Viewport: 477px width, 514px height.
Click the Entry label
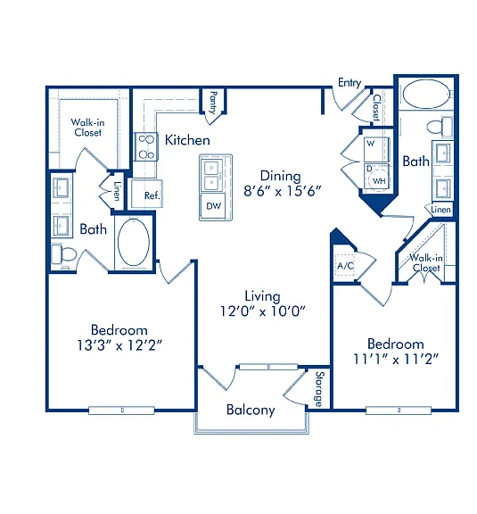click(x=350, y=83)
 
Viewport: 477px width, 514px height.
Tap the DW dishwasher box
click(x=214, y=206)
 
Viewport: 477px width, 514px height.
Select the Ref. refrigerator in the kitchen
click(x=147, y=195)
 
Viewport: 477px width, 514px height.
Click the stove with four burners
click(x=146, y=146)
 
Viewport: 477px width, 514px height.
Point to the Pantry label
click(x=213, y=103)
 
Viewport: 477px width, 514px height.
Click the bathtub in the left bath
click(x=134, y=242)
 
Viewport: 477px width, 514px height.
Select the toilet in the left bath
click(x=64, y=253)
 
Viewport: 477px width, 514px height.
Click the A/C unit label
click(x=346, y=265)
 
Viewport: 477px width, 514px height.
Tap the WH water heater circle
click(x=378, y=180)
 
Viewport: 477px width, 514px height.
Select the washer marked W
click(x=376, y=149)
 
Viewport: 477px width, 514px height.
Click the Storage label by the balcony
click(x=319, y=389)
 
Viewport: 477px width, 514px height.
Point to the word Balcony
click(x=251, y=410)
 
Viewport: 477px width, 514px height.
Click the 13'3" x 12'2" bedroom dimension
click(x=119, y=345)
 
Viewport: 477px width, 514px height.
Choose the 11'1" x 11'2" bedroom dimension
click(x=396, y=360)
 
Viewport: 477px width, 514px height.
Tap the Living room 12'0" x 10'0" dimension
click(x=263, y=311)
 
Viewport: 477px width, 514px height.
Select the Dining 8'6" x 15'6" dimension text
click(x=283, y=191)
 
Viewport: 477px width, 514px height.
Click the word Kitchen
click(x=187, y=140)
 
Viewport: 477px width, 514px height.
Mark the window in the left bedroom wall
click(x=121, y=410)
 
